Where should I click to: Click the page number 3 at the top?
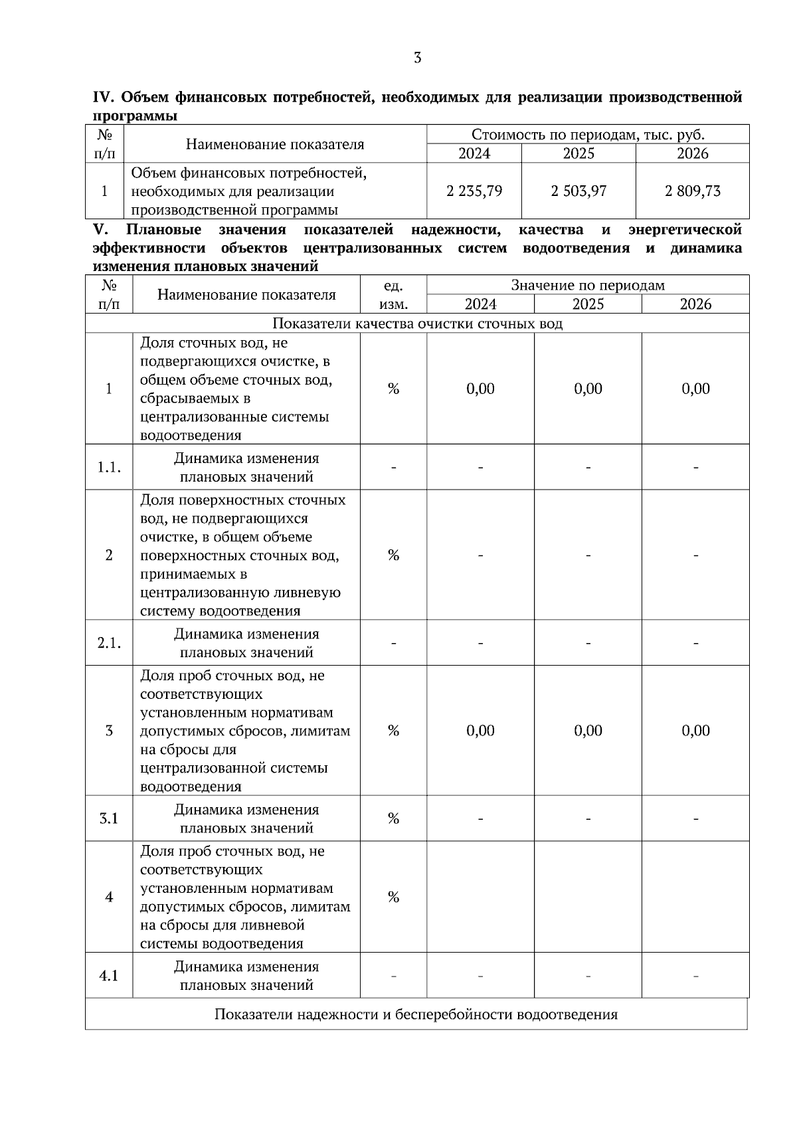coord(417,58)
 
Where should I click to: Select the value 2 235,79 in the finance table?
coord(474,191)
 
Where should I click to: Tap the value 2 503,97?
coord(578,191)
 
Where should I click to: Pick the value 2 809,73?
coord(693,191)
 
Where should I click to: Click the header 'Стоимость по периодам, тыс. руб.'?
coord(588,135)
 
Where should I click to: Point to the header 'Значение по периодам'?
coord(588,285)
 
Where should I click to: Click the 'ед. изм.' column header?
coord(393,294)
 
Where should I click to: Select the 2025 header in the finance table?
coord(578,153)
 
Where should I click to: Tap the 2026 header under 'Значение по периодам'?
coord(695,304)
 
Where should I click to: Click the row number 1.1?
coord(109,467)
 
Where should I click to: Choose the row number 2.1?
coord(109,643)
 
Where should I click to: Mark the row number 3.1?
coord(109,818)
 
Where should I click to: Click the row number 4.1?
coord(109,976)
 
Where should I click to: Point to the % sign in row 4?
coord(393,897)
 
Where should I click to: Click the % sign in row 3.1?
coord(393,818)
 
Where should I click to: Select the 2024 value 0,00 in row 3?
coord(480,731)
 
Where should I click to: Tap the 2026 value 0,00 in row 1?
coord(695,389)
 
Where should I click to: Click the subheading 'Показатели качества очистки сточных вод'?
coord(417,324)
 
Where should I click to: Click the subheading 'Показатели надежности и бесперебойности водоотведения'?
coord(416,1014)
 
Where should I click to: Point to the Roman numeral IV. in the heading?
coord(104,98)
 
